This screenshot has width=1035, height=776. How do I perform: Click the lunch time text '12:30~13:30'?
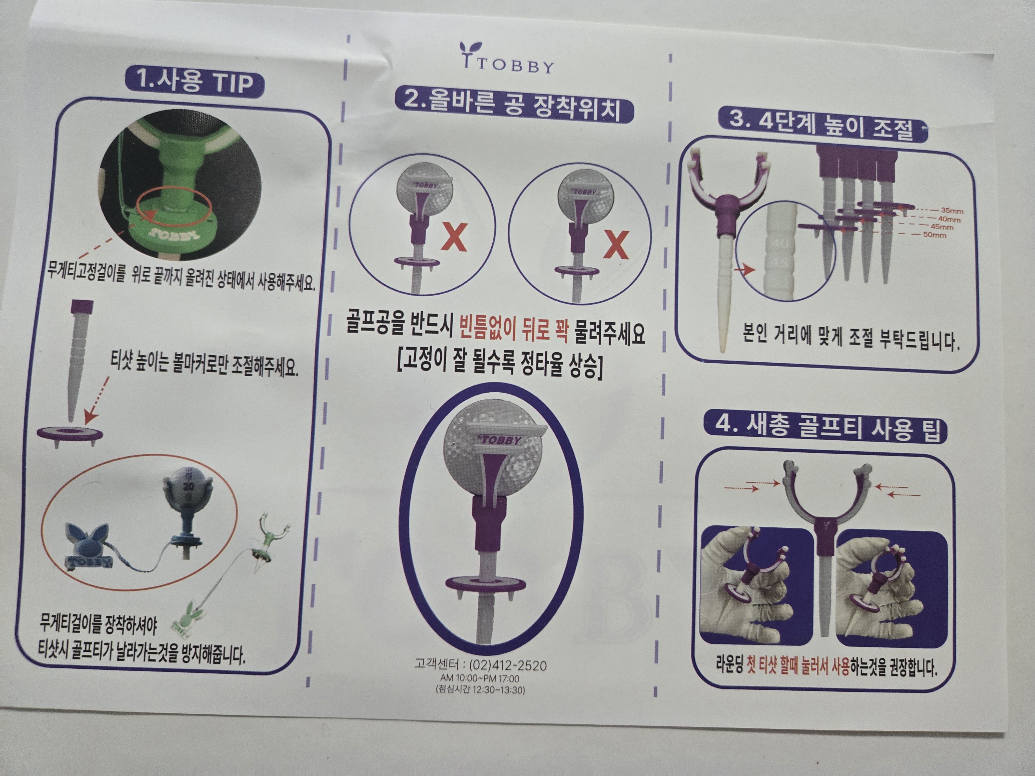[x=499, y=690]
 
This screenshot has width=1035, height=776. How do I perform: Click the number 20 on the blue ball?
[x=189, y=487]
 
